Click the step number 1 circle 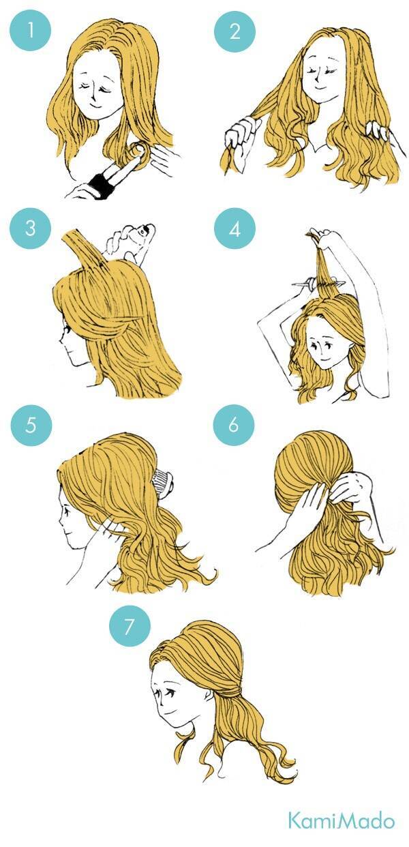click(x=30, y=30)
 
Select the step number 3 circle click(x=31, y=228)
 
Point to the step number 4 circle click(x=234, y=228)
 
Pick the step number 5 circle click(x=31, y=425)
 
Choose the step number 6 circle click(x=234, y=425)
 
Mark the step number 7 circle click(x=130, y=626)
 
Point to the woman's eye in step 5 click(x=67, y=511)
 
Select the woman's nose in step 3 click(x=61, y=340)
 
